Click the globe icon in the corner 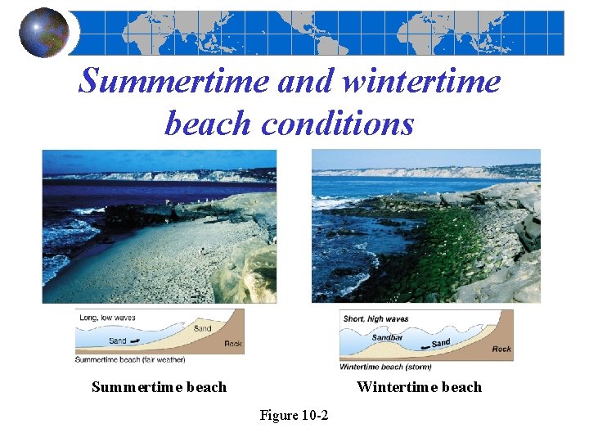[x=44, y=33]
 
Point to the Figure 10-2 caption [x=294, y=416]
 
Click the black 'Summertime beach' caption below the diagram [x=159, y=387]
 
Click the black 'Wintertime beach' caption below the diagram [x=419, y=387]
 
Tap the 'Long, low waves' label [x=107, y=318]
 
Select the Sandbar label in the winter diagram [x=388, y=337]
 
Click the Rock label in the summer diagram [x=233, y=344]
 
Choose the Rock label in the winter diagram [x=501, y=350]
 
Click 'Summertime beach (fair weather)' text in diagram [x=130, y=359]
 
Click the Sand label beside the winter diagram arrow [x=441, y=343]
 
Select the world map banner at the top [x=319, y=33]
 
